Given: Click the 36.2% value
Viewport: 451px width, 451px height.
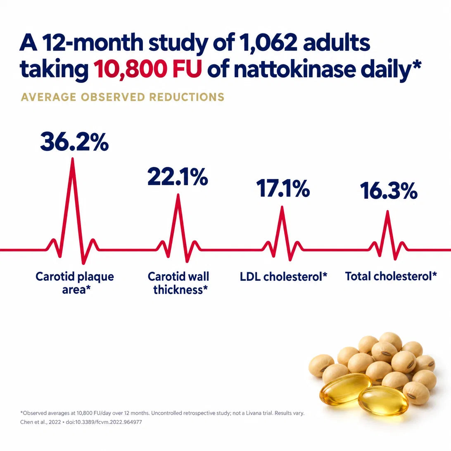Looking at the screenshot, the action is [x=74, y=142].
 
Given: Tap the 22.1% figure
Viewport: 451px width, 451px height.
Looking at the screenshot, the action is [x=178, y=177].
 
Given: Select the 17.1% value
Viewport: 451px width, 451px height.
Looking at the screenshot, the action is [x=283, y=188].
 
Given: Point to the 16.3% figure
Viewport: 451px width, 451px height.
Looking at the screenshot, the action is [x=389, y=190].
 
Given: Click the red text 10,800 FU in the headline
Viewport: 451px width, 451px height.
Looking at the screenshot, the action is [x=147, y=69].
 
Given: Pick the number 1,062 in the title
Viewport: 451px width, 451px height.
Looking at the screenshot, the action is [x=268, y=43].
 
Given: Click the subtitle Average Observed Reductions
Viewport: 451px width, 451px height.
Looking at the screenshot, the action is [x=123, y=97].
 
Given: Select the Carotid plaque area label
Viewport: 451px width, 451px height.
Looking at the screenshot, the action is [x=75, y=283].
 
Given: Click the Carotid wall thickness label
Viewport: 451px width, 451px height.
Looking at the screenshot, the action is [x=178, y=283].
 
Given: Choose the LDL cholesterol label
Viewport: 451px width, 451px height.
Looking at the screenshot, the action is [x=284, y=277].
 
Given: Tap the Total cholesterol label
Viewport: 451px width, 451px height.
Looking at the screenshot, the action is [x=391, y=276].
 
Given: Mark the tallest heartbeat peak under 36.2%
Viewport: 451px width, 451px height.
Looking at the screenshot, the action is [x=73, y=159].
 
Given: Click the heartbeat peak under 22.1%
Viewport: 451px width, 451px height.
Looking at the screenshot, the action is [x=178, y=195].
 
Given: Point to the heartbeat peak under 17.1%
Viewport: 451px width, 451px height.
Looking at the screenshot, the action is [x=282, y=207].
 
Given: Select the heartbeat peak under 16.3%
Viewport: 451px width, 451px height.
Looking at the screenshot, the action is [x=388, y=212].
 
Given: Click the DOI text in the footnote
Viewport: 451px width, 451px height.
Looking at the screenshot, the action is [x=104, y=422].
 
